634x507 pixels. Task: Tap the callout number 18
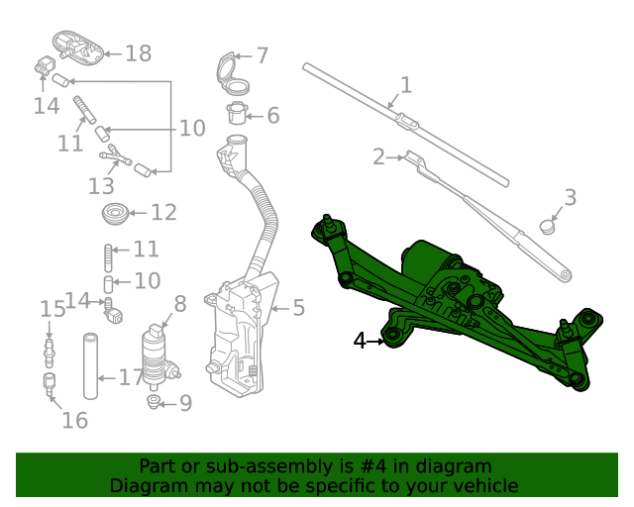[138, 53]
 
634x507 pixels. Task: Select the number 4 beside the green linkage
[361, 342]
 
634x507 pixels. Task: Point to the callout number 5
[298, 308]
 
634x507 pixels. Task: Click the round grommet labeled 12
[116, 212]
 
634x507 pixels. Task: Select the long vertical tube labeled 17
[92, 365]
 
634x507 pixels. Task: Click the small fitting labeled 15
[46, 349]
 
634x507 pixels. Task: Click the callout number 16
[74, 421]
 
